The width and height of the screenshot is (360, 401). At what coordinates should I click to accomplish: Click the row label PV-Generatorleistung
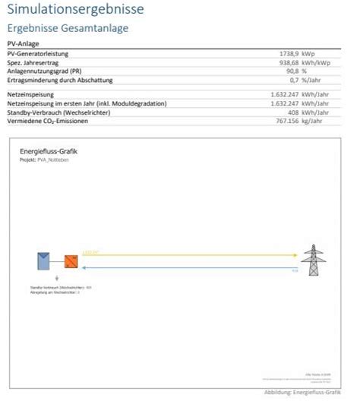(x=38, y=55)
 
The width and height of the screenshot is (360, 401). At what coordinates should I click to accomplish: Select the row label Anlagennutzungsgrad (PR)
(x=46, y=71)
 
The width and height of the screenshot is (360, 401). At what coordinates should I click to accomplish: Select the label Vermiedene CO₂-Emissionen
(x=49, y=120)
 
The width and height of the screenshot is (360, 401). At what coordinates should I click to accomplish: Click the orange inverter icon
(x=71, y=261)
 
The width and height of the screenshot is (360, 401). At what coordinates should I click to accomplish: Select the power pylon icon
(x=313, y=260)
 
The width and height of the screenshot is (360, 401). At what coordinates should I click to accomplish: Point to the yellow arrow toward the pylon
(x=190, y=254)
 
